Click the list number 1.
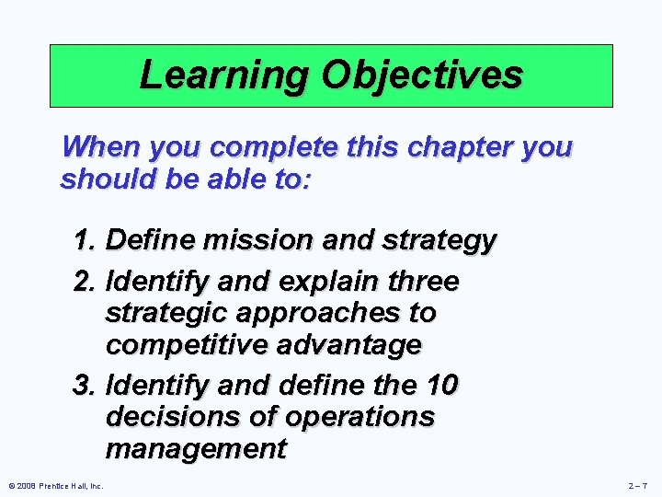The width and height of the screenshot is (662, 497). [x=85, y=241]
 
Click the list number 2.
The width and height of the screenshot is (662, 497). [x=85, y=279]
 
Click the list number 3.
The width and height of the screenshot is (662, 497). [x=85, y=382]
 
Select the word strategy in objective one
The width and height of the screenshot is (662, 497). [x=443, y=242]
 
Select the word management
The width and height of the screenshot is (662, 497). [x=196, y=450]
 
